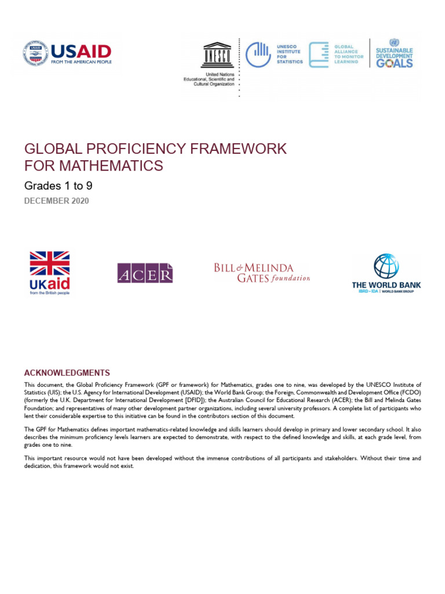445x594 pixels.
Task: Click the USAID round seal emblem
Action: pyautogui.click(x=35, y=54)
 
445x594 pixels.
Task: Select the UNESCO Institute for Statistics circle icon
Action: pyautogui.click(x=258, y=55)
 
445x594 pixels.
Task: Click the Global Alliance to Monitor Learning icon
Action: pyautogui.click(x=319, y=55)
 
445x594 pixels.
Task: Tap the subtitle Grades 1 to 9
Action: pyautogui.click(x=58, y=186)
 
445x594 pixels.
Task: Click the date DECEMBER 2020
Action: pyautogui.click(x=57, y=201)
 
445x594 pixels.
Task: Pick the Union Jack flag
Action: pyautogui.click(x=50, y=263)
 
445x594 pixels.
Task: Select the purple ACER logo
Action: pyautogui.click(x=145, y=273)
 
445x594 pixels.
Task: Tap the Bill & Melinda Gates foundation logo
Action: pyautogui.click(x=262, y=273)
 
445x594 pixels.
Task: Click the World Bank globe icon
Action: pyautogui.click(x=386, y=266)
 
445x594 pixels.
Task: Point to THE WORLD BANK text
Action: pyautogui.click(x=386, y=285)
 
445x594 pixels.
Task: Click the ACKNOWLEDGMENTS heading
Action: pyautogui.click(x=67, y=373)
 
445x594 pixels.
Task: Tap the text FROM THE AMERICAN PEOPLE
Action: pyautogui.click(x=81, y=61)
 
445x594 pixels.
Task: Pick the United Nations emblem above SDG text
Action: pyautogui.click(x=394, y=42)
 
